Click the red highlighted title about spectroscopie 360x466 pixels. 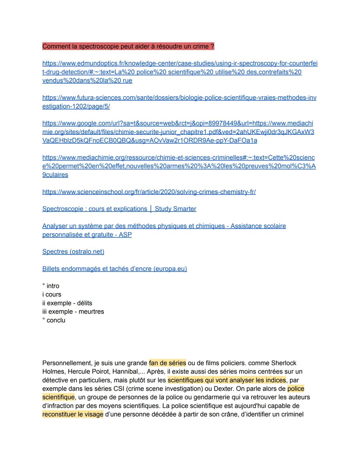[128, 46]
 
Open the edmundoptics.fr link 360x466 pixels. [180, 72]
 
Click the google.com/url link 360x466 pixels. [178, 132]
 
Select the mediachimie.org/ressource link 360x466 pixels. [178, 166]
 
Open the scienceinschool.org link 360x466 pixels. [149, 192]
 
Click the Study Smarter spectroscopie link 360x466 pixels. [119, 209]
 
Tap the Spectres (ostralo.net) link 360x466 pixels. [73, 252]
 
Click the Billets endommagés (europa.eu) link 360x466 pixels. [114, 269]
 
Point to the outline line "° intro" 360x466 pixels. [51, 286]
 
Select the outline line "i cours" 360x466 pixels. [52, 295]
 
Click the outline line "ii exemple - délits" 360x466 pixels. [67, 303]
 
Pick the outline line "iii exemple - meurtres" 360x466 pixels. [73, 312]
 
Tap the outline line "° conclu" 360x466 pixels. [54, 320]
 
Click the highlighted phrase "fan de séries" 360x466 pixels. [167, 363]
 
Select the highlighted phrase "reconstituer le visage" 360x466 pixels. [73, 414]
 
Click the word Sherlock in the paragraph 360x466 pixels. [283, 363]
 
